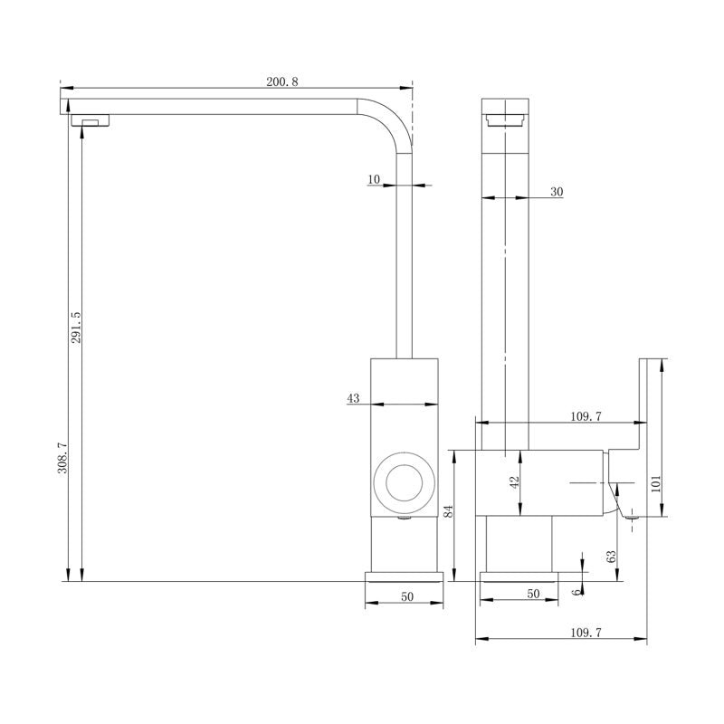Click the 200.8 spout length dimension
point(281,81)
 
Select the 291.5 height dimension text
point(76,328)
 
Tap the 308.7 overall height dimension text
point(62,458)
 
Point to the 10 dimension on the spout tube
point(375,179)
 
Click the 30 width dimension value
point(557,191)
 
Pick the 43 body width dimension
point(353,398)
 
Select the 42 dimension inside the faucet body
point(515,483)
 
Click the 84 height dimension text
point(447,511)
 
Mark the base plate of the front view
point(405,576)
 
